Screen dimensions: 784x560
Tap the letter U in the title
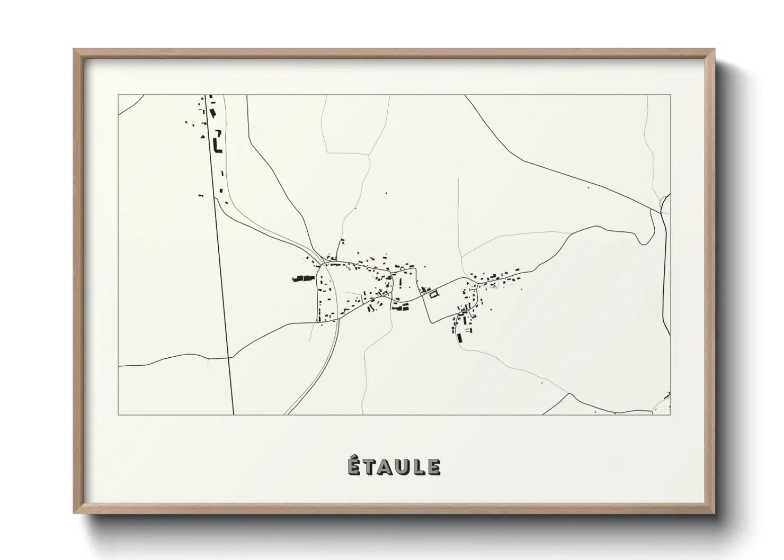click(404, 467)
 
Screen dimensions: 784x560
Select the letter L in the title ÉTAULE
click(419, 467)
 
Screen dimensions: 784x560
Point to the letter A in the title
click(386, 467)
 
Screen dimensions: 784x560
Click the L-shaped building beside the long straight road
click(216, 144)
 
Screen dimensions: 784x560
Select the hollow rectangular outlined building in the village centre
click(434, 294)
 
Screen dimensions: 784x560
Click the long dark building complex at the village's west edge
click(303, 278)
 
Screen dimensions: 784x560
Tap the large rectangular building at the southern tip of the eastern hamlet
click(460, 337)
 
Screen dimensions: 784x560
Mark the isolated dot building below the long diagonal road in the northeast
click(588, 187)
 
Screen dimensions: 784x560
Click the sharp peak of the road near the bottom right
click(569, 394)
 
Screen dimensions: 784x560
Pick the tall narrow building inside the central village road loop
click(400, 282)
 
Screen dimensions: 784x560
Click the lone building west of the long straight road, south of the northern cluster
click(200, 196)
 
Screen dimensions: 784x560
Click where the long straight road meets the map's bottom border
click(234, 414)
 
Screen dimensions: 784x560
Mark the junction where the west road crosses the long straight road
click(228, 358)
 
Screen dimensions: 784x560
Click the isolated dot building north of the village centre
click(386, 193)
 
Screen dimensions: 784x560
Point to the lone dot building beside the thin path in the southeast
click(541, 382)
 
